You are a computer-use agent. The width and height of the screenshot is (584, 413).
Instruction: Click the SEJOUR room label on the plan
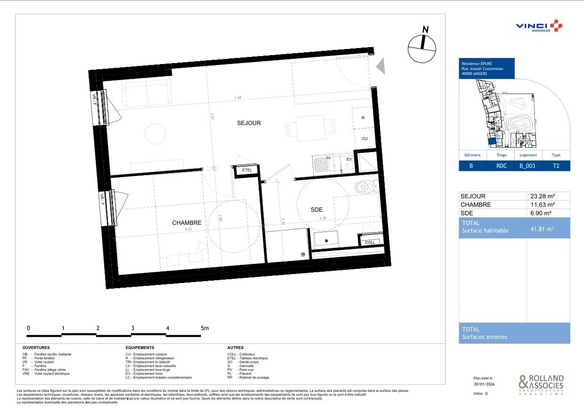(248, 123)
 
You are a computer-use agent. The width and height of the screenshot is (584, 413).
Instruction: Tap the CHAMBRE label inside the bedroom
(187, 223)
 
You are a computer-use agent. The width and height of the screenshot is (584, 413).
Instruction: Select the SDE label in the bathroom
(316, 210)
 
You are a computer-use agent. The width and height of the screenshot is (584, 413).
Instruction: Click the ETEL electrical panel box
(247, 170)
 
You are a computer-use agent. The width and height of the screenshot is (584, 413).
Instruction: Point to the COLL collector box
(370, 242)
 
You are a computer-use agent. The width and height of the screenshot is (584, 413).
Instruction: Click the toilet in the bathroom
(366, 186)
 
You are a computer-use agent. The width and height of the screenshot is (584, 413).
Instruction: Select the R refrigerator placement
(363, 118)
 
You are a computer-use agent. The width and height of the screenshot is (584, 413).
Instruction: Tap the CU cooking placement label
(365, 139)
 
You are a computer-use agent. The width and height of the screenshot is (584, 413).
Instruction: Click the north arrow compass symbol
(422, 46)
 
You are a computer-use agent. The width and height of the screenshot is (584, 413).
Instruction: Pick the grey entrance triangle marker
(381, 65)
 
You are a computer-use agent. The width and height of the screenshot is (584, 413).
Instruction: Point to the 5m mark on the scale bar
(204, 328)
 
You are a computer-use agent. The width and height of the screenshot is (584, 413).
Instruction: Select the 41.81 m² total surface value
(542, 229)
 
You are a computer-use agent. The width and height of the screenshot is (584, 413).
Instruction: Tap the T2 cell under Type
(556, 166)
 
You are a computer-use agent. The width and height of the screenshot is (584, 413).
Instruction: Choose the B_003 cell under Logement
(527, 166)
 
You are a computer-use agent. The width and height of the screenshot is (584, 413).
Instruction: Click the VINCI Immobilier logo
(538, 26)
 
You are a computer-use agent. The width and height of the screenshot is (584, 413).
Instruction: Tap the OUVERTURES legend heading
(36, 348)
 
